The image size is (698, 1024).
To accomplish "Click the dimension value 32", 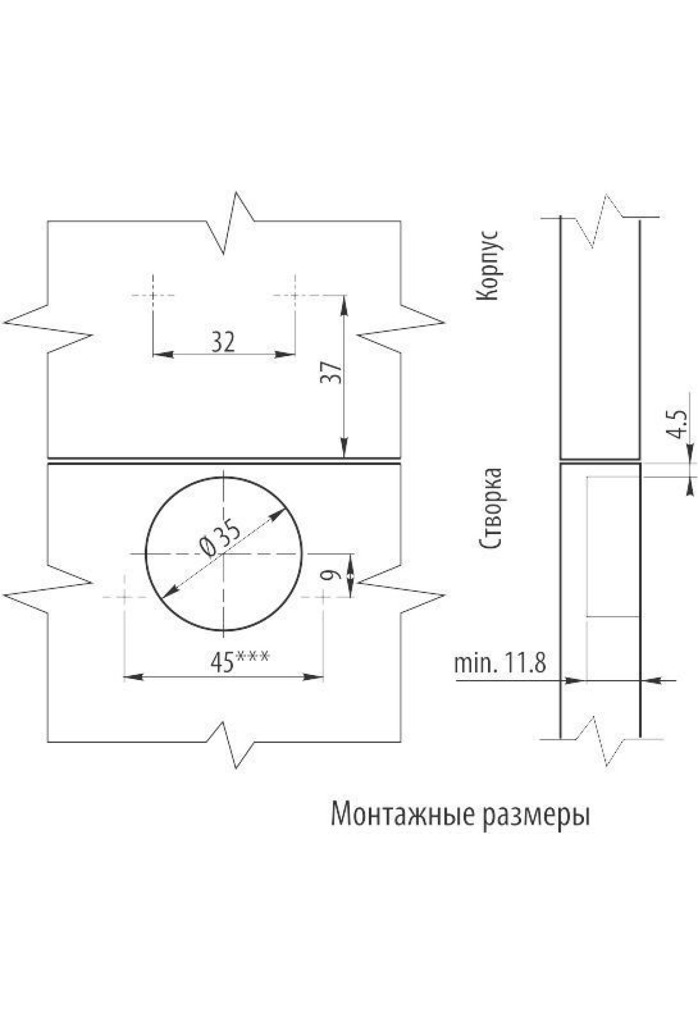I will (x=223, y=342).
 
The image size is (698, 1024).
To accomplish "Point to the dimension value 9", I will (x=332, y=575).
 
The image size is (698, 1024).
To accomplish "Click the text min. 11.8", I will (x=500, y=663).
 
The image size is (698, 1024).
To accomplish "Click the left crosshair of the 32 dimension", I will (x=152, y=296).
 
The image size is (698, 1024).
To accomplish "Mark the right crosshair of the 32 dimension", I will (x=294, y=296).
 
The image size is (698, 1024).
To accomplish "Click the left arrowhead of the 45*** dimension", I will (x=132, y=677).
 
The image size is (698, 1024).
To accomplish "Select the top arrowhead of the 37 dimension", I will (x=344, y=303).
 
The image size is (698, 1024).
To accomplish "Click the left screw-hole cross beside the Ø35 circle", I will (x=124, y=596).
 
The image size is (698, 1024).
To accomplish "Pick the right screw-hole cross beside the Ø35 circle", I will (x=323, y=596).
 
